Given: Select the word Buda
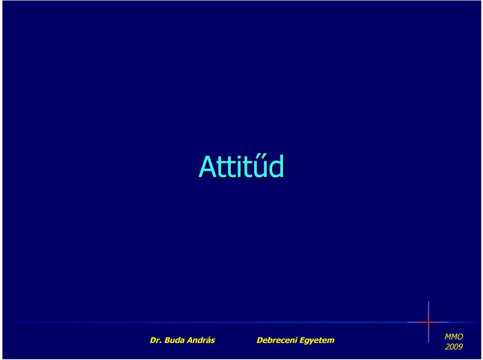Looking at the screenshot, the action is (x=175, y=340).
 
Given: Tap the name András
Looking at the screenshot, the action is (x=201, y=340).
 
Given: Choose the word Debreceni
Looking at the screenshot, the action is (x=277, y=340).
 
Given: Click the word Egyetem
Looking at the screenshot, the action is (x=317, y=341).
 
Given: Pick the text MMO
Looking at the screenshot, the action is (x=454, y=336).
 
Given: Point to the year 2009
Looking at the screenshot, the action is (x=454, y=347).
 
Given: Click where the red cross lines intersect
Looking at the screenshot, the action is (x=429, y=322).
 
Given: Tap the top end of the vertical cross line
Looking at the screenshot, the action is (x=429, y=301).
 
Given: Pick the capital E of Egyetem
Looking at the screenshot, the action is (x=302, y=340).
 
